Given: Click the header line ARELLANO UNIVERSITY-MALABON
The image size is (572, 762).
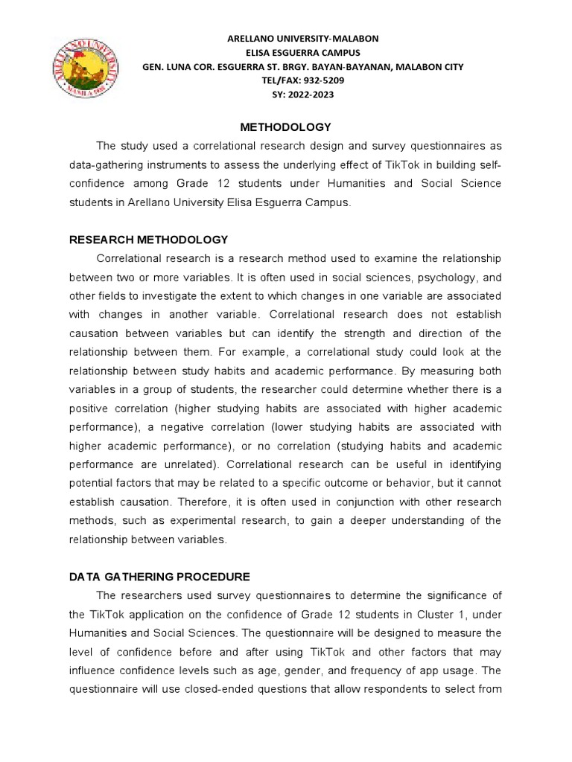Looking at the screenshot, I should click(303, 39).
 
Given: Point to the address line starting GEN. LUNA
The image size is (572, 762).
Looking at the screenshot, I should click(303, 67).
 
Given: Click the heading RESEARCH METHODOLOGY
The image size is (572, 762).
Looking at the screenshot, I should click(148, 239).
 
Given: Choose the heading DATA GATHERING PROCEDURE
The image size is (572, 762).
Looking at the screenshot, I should click(159, 577).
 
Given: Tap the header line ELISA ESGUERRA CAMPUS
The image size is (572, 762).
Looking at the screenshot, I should click(303, 53).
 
